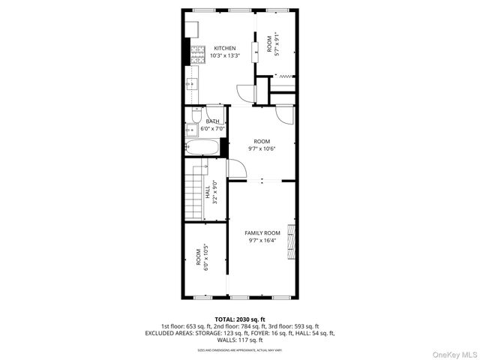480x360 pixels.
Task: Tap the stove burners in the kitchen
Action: [199, 53]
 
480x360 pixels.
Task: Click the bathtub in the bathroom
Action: [203, 147]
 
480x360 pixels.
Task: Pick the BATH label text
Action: [213, 121]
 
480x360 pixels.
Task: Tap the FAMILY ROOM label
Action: [262, 233]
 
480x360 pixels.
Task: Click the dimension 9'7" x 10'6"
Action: [262, 148]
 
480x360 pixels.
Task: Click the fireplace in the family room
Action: [292, 241]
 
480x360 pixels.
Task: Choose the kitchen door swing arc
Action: [245, 93]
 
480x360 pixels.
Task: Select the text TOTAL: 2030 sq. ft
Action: [240, 319]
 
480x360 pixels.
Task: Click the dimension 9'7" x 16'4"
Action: [262, 241]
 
